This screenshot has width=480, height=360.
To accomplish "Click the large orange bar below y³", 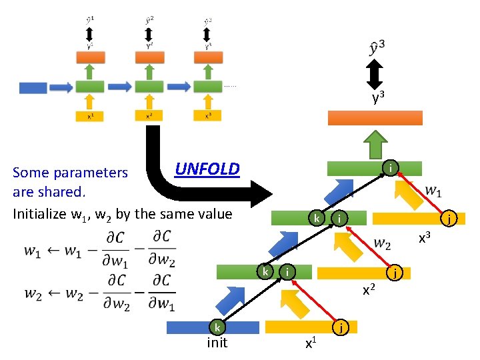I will click(375, 118).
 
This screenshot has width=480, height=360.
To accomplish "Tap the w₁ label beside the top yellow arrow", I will click(433, 192).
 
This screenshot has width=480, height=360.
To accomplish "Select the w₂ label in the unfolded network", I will click(382, 244).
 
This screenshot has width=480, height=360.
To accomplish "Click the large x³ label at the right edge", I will click(424, 237).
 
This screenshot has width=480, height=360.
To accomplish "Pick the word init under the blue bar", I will click(217, 343).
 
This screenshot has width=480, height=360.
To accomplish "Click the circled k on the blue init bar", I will click(217, 327).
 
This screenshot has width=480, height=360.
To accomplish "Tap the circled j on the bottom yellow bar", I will click(341, 327).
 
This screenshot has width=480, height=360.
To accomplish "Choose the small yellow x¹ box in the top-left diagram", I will click(90, 115).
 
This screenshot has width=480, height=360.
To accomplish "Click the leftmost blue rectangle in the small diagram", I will click(33, 87).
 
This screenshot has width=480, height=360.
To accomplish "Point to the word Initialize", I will click(42, 214).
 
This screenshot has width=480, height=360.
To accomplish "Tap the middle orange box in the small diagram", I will click(149, 58).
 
